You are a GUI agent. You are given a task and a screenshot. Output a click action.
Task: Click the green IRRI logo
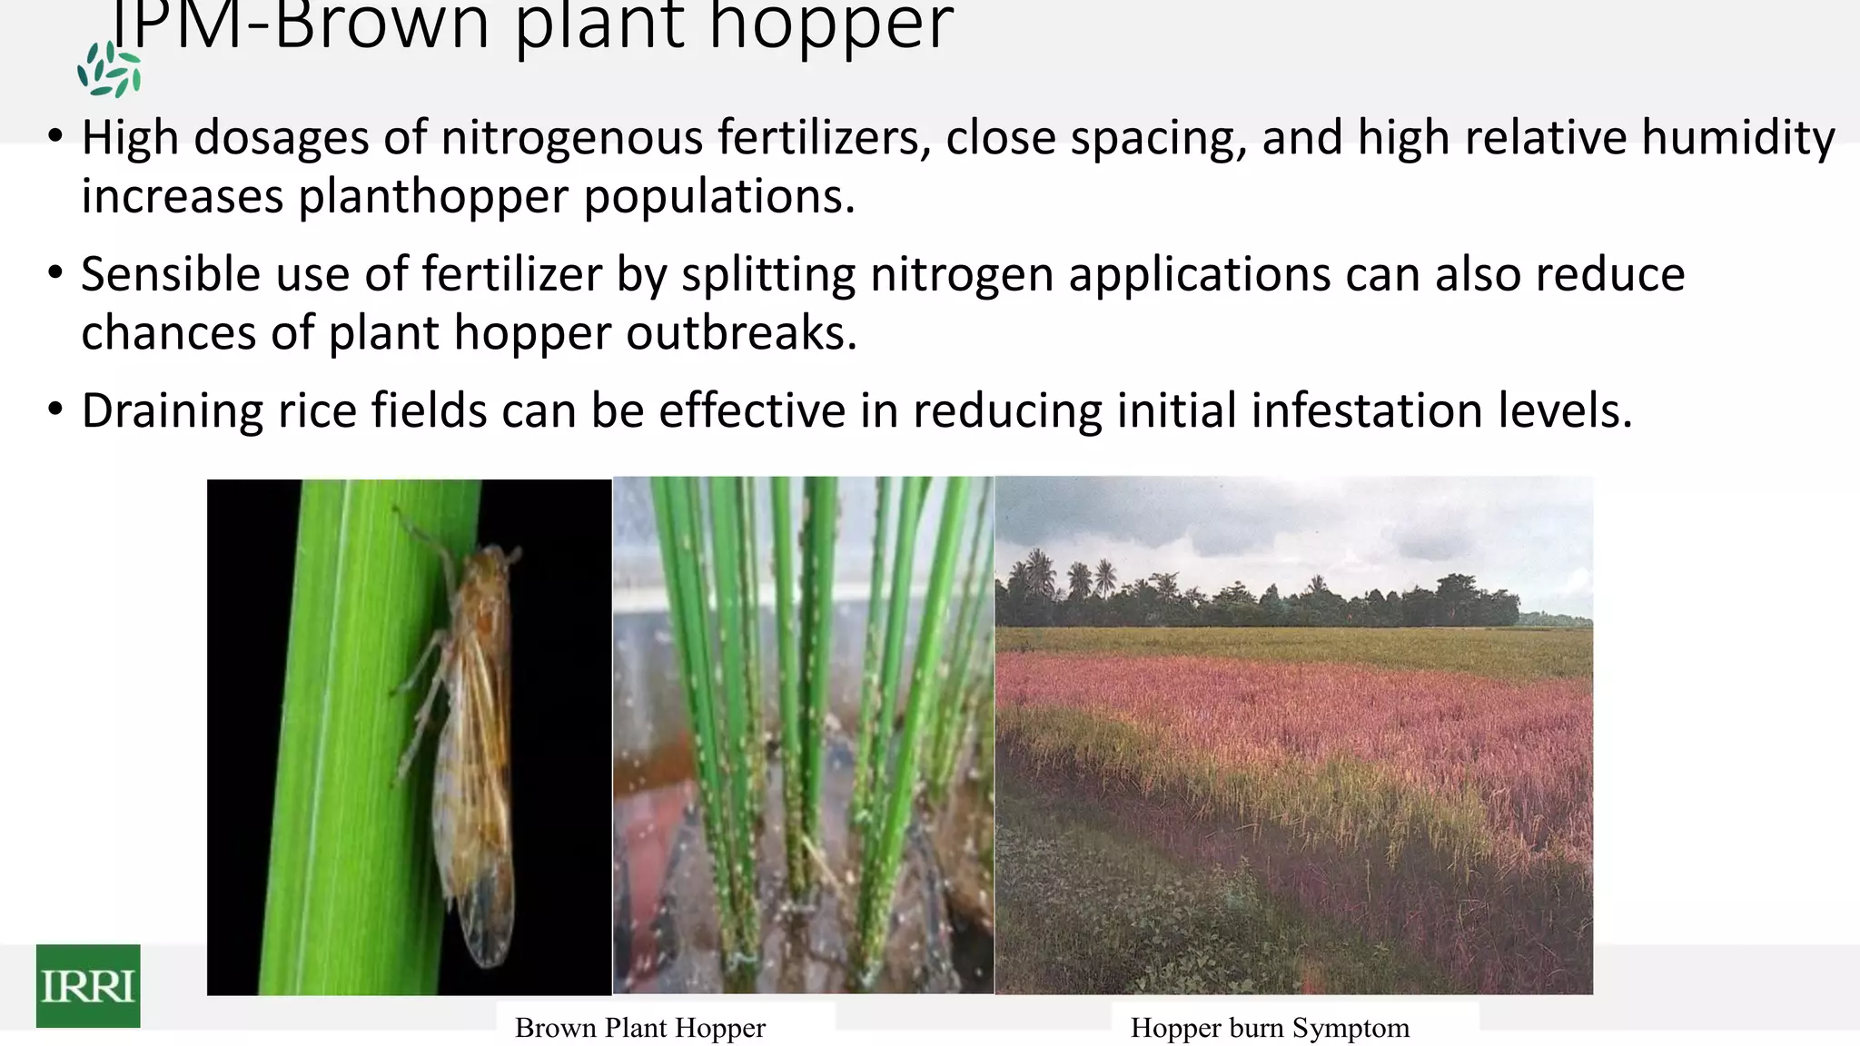coord(88,985)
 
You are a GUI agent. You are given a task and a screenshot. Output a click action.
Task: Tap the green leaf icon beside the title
coord(109,70)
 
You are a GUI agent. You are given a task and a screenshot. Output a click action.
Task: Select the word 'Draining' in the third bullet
coord(172,410)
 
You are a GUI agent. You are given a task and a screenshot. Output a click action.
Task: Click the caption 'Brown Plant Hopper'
coord(639,1028)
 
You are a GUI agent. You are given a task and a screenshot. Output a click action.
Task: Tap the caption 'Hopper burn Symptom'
coord(1269,1028)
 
